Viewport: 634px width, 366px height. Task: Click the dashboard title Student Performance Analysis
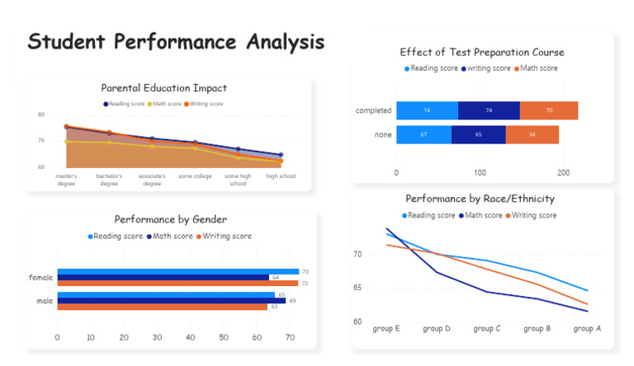[176, 42]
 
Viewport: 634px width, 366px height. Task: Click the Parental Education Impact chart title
[163, 88]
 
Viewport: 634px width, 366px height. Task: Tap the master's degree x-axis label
[66, 180]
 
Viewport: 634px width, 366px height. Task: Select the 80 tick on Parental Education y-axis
[41, 115]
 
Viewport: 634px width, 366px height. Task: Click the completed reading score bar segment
[427, 110]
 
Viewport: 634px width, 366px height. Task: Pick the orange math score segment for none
[532, 134]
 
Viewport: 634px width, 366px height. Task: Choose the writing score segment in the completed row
[489, 110]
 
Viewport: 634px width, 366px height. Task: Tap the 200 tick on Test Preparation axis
[563, 173]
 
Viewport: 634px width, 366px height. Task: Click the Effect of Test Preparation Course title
[482, 52]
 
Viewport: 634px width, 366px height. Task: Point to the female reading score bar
[177, 271]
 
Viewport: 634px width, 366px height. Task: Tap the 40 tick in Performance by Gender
[191, 337]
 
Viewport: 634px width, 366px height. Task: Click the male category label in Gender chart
[45, 301]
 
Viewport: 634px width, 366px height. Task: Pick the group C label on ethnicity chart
[487, 328]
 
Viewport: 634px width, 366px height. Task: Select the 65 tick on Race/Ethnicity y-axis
[357, 288]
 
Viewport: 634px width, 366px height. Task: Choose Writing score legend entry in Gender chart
[226, 236]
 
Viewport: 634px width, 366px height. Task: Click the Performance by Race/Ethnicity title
[480, 199]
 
